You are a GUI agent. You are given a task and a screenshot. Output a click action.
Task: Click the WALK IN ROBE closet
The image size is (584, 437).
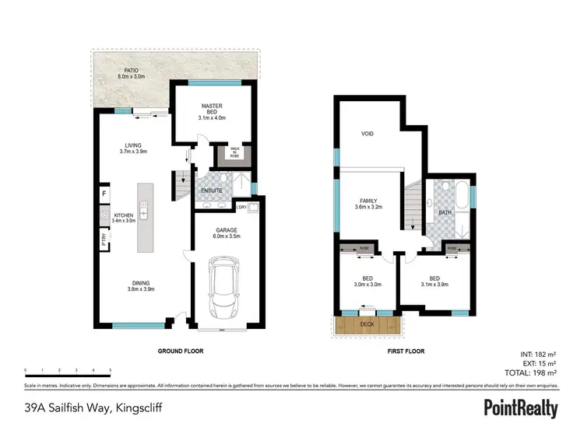tap(234, 152)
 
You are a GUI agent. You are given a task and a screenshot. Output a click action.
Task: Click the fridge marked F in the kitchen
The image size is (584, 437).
tap(103, 193)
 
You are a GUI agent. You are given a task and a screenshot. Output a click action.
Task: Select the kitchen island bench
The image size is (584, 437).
tap(145, 217)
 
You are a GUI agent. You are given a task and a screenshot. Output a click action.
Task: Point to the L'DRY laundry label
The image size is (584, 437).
tap(242, 207)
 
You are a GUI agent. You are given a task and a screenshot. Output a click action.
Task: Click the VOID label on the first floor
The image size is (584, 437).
tap(368, 134)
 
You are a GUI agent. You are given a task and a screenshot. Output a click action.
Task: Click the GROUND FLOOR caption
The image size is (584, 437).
tap(181, 351)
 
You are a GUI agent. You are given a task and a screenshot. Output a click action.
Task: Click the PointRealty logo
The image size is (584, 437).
tap(521, 407)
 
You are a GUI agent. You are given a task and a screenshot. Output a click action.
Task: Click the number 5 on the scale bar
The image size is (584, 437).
tap(111, 371)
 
